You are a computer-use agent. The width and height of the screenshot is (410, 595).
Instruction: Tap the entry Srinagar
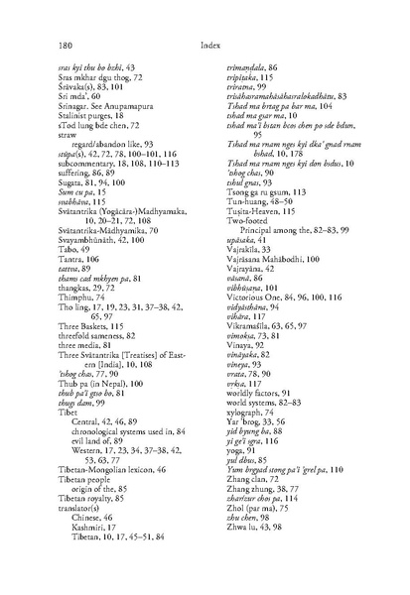pos(73,98)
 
